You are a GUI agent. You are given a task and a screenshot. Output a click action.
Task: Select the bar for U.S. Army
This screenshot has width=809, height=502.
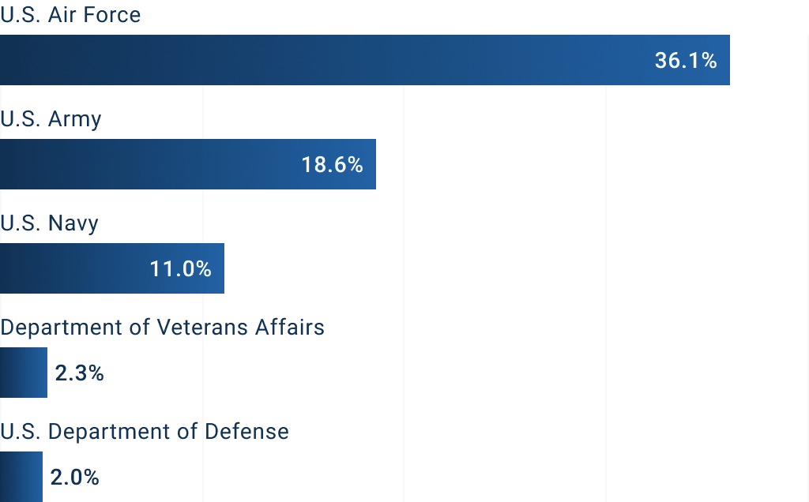tap(158, 164)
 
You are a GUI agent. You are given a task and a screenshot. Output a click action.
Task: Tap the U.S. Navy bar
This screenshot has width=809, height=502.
tap(79, 268)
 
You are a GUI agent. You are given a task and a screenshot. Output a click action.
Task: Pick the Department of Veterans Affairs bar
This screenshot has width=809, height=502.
tap(24, 373)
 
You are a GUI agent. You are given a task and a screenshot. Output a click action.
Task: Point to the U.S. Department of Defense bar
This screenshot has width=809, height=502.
tap(21, 477)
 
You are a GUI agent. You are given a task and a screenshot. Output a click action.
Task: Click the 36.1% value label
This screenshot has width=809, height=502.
tap(686, 61)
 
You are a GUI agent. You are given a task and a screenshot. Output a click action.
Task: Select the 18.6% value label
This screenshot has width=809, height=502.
tap(332, 165)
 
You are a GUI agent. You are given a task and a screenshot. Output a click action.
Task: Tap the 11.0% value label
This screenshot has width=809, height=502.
tap(181, 269)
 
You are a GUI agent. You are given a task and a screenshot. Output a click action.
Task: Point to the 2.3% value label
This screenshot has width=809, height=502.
tap(79, 373)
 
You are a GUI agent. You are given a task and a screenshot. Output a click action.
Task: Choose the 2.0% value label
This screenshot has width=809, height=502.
tap(74, 478)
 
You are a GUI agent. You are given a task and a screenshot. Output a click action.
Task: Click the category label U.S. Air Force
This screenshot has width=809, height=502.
tap(70, 15)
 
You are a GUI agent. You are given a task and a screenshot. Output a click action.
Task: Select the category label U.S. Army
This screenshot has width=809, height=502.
tap(51, 119)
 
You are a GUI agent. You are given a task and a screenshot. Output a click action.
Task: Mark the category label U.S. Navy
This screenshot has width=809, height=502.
tap(50, 223)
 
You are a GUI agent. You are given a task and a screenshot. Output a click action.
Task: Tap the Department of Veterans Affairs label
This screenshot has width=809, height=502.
tap(163, 327)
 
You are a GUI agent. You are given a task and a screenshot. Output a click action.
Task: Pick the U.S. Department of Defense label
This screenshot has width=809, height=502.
tap(145, 432)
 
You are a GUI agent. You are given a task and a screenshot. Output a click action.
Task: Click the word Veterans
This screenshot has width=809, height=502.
tap(202, 327)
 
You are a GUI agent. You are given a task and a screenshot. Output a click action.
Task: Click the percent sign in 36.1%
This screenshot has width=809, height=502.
tap(708, 61)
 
